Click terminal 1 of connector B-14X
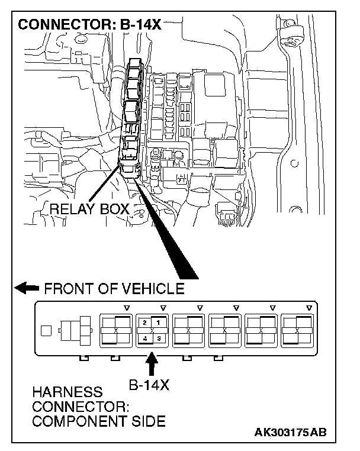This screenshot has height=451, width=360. [x=158, y=323]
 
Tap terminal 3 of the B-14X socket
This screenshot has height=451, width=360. [x=158, y=338]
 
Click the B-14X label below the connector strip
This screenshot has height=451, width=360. [x=149, y=385]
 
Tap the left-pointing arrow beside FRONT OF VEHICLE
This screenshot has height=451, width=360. [x=27, y=289]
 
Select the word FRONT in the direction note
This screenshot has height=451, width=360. [x=67, y=289]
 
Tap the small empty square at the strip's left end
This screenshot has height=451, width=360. [x=44, y=330]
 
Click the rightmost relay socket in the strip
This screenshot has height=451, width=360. [x=298, y=330]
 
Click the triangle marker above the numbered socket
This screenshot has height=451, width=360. [x=163, y=308]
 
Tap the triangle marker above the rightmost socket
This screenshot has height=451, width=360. [x=309, y=308]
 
